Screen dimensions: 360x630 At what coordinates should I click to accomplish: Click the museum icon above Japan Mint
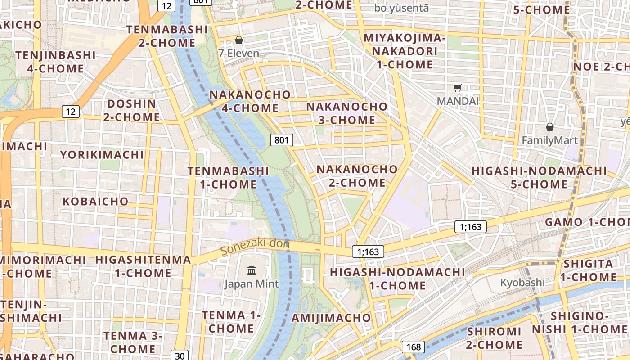(x=252, y=270)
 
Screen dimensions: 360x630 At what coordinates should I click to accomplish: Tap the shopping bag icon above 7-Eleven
(x=238, y=40)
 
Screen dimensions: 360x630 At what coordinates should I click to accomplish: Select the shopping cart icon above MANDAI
(x=458, y=88)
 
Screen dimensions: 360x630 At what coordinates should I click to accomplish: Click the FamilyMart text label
(x=549, y=140)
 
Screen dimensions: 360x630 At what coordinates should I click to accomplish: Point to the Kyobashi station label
(x=522, y=283)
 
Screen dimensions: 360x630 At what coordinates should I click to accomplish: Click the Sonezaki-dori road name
(x=255, y=247)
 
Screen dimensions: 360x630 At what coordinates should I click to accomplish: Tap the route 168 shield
(x=413, y=346)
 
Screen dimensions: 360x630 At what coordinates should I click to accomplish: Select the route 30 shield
(x=180, y=355)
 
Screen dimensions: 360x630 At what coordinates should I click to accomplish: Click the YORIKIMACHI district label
(x=102, y=155)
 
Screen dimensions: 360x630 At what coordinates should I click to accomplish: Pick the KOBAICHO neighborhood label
(x=95, y=201)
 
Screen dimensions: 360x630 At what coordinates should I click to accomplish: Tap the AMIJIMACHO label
(x=331, y=318)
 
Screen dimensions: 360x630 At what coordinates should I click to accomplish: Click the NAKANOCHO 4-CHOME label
(x=250, y=101)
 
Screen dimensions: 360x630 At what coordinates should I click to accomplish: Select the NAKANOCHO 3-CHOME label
(x=346, y=113)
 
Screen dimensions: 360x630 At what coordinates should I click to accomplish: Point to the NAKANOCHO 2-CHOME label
(x=357, y=176)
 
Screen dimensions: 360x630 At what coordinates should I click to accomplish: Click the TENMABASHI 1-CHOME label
(x=228, y=178)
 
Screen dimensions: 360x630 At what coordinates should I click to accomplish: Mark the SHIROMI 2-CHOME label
(x=494, y=338)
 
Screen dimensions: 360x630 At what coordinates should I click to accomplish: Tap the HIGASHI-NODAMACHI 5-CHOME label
(x=539, y=177)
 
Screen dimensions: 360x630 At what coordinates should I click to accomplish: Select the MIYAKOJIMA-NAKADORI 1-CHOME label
(x=404, y=51)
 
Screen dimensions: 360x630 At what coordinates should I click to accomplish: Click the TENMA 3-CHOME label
(x=133, y=342)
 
